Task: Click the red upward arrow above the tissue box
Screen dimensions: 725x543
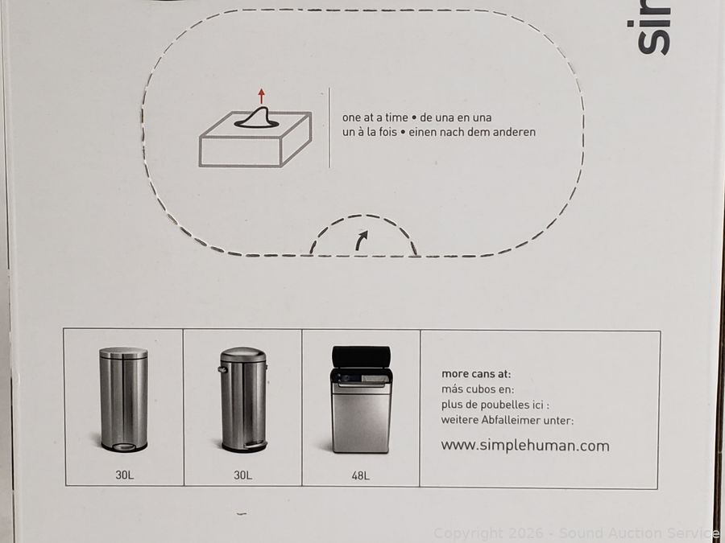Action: (x=261, y=96)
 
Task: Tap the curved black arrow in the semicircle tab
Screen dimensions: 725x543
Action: (x=361, y=240)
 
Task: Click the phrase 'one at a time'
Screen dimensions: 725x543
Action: (x=375, y=117)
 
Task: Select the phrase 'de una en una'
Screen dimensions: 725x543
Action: (x=455, y=117)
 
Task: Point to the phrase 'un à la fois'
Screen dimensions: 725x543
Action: (x=370, y=132)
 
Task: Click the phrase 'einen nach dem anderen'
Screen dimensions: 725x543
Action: (x=471, y=132)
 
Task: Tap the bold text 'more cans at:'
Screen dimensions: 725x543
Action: (x=476, y=373)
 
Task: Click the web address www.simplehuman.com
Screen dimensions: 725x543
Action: (x=524, y=446)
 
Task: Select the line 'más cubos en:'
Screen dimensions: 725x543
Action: (x=477, y=389)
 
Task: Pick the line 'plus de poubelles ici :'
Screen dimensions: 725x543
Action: (x=495, y=405)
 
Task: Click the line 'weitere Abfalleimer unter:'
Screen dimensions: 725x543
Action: (x=507, y=420)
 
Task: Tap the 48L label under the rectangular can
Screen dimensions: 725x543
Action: (x=360, y=475)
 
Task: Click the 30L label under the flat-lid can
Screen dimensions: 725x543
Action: (x=124, y=475)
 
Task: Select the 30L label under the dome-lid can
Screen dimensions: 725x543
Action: (x=242, y=475)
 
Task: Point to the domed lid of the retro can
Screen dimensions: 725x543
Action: (x=243, y=355)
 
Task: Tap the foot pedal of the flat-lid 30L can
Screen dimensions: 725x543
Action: (x=124, y=447)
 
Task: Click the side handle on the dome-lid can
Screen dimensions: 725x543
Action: (x=222, y=369)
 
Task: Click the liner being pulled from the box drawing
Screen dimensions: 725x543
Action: (x=257, y=117)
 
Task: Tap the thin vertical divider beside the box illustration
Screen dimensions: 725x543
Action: (x=329, y=127)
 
